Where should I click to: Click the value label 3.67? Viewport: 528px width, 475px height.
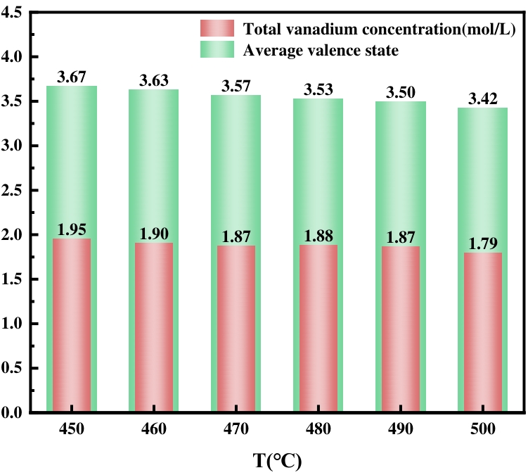(72, 77)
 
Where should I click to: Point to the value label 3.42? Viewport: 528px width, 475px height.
(482, 99)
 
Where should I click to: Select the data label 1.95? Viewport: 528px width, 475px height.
(72, 229)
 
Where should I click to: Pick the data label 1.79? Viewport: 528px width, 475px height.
(482, 243)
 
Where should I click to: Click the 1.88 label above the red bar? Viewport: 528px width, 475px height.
(318, 236)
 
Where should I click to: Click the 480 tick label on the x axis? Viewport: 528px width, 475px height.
(318, 429)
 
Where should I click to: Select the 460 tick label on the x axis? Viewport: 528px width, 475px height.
(154, 429)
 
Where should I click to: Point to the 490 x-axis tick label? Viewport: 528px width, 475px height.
(400, 429)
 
